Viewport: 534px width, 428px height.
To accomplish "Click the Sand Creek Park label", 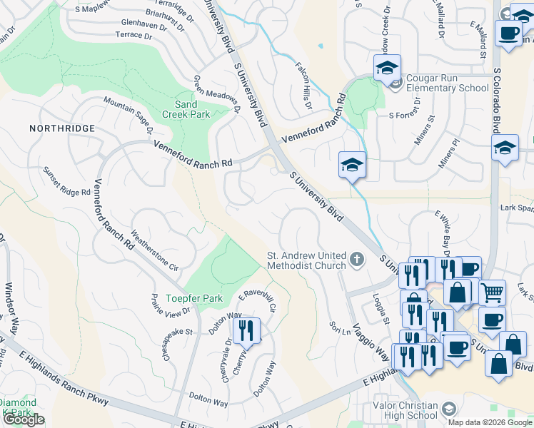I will click(x=186, y=109).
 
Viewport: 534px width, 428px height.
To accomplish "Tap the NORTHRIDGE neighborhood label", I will click(x=62, y=128).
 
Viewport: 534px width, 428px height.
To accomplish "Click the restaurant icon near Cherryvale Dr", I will click(x=246, y=330).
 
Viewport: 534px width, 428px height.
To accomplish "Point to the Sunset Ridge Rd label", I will click(x=67, y=182).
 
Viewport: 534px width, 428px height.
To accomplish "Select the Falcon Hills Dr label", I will click(x=304, y=86).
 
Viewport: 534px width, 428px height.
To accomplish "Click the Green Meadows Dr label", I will click(x=216, y=96).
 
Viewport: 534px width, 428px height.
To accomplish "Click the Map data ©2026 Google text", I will click(x=490, y=422).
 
